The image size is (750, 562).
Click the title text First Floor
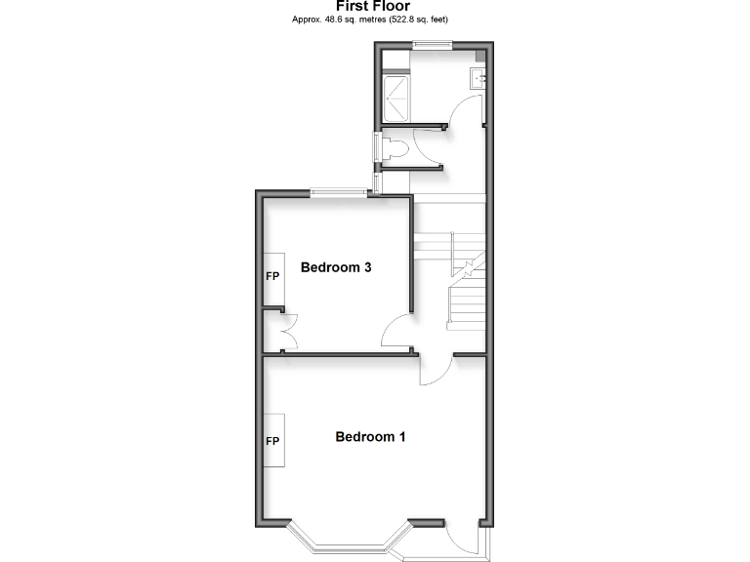click(x=374, y=6)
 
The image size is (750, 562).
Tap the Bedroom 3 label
click(x=335, y=266)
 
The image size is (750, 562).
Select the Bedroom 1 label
click(x=370, y=436)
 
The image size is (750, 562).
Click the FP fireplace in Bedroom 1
click(x=272, y=441)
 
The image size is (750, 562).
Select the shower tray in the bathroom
click(x=397, y=97)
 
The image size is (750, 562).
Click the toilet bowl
click(x=395, y=149)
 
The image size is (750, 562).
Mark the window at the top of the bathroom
click(x=431, y=42)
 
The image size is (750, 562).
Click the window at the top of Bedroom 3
click(x=339, y=193)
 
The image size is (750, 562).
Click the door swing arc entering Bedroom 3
click(x=395, y=333)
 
